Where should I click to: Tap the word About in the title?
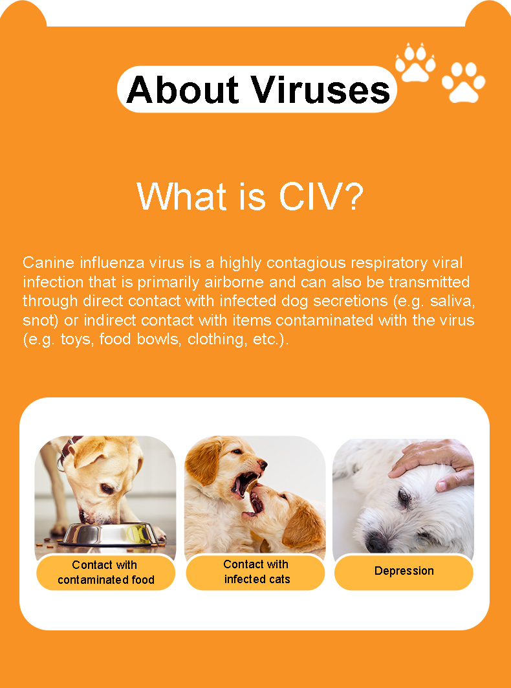[183, 90]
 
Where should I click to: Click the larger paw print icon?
[464, 82]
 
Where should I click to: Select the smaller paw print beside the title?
[415, 62]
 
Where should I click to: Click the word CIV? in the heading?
[321, 196]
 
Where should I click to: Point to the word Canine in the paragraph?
[49, 262]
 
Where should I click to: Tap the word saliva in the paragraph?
[451, 301]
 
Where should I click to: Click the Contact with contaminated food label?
[105, 572]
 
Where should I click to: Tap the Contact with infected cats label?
[255, 571]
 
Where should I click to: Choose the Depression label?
[404, 571]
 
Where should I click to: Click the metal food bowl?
[108, 533]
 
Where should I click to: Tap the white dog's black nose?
[376, 543]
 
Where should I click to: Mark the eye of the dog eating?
[107, 489]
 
